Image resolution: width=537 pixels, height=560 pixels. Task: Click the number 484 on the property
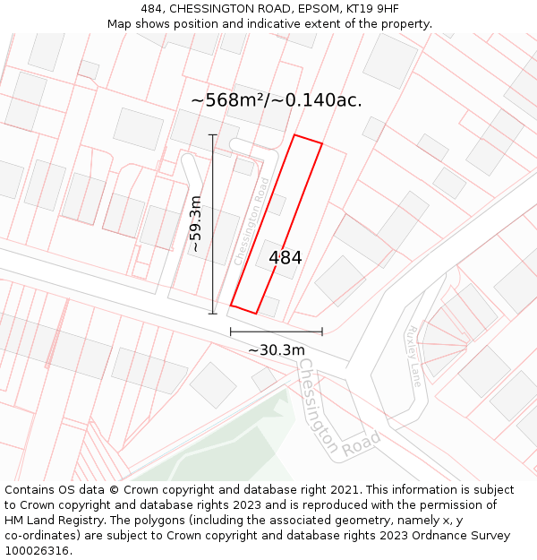[x=286, y=257]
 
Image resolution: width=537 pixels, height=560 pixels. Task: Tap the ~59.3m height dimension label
[x=196, y=223]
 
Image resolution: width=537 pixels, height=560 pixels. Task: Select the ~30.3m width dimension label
[x=277, y=349]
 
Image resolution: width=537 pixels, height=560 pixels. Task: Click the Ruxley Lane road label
[x=413, y=355]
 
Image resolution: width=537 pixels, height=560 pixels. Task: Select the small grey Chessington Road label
[x=251, y=220]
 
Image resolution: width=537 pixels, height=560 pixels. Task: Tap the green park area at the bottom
[x=224, y=448]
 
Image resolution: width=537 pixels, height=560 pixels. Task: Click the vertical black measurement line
[x=213, y=224]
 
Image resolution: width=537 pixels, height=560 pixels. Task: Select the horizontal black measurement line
[x=276, y=332]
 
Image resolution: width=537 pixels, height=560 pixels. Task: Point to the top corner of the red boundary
[x=295, y=135]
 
